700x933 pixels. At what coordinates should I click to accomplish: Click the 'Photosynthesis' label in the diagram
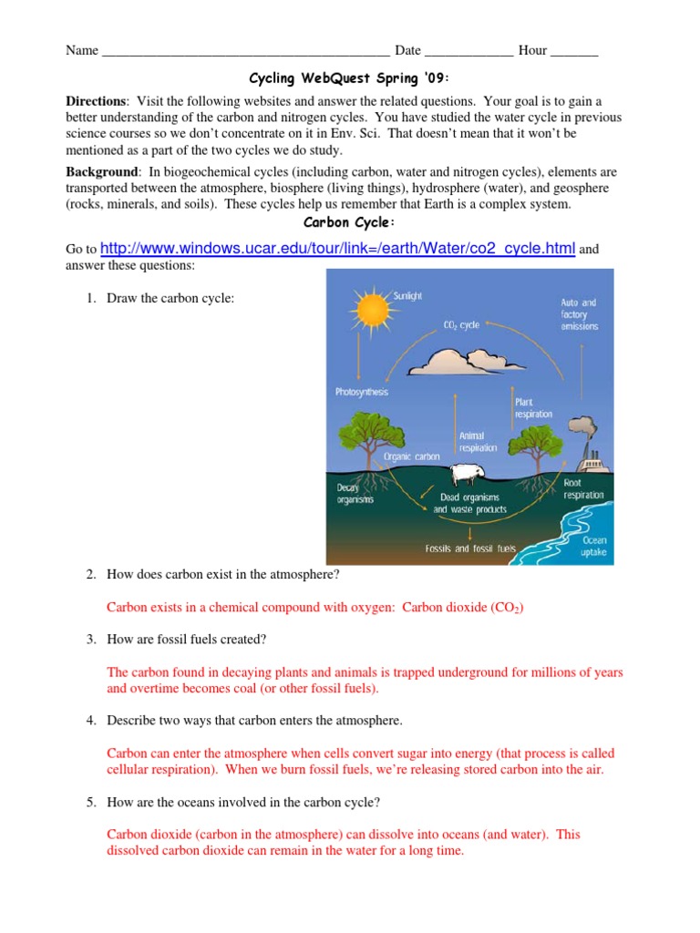point(362,392)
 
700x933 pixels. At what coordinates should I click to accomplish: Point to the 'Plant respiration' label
point(533,407)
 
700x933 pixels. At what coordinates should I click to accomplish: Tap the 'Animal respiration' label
point(479,441)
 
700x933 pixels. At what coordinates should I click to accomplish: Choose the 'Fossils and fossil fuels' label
point(470,549)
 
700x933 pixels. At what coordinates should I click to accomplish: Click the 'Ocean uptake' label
point(594,546)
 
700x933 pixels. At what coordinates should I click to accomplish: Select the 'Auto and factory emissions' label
point(579,313)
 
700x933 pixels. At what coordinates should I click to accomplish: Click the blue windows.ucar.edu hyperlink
point(337,248)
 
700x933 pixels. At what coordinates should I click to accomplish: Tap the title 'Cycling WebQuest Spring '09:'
point(349,79)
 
